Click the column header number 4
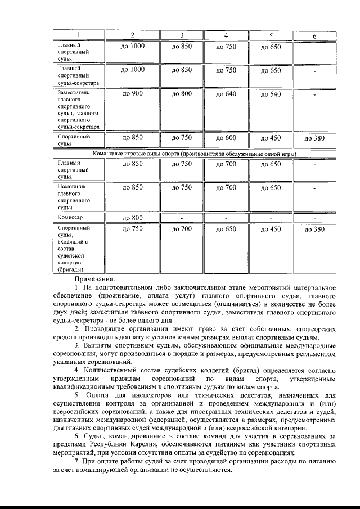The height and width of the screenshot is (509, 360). click(x=226, y=36)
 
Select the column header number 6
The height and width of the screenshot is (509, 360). click(x=314, y=37)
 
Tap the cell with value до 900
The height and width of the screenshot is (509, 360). click(x=133, y=94)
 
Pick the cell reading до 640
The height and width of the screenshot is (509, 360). click(x=226, y=94)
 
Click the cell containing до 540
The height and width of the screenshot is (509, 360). click(x=271, y=94)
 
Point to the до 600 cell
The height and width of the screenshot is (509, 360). click(x=226, y=138)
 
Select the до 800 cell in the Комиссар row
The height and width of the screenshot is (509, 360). click(x=133, y=218)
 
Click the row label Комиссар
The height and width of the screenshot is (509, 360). click(x=70, y=217)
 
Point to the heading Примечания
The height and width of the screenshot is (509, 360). click(x=94, y=278)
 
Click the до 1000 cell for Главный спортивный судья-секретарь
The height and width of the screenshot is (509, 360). click(x=133, y=70)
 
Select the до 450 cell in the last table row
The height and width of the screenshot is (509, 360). click(x=271, y=229)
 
